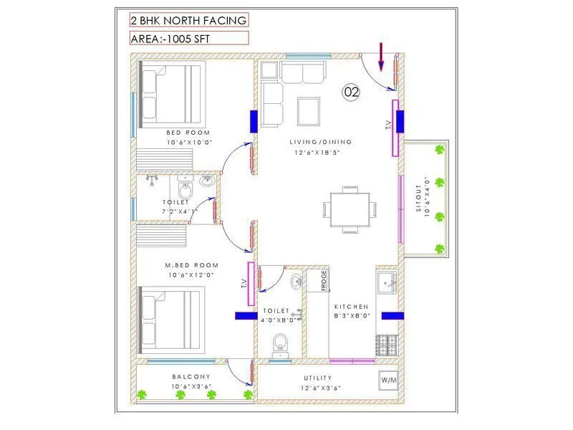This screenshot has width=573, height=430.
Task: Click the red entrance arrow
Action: [x=381, y=57]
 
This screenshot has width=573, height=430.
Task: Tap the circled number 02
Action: [x=351, y=91]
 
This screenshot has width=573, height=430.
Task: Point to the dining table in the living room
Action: [x=350, y=209]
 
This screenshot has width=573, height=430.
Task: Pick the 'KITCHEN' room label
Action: [x=352, y=307]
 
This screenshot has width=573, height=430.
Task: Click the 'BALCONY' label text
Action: [x=191, y=376]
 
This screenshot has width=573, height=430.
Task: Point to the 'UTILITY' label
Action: [x=318, y=378]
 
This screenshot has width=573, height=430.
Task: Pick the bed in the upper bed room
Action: [x=172, y=94]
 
